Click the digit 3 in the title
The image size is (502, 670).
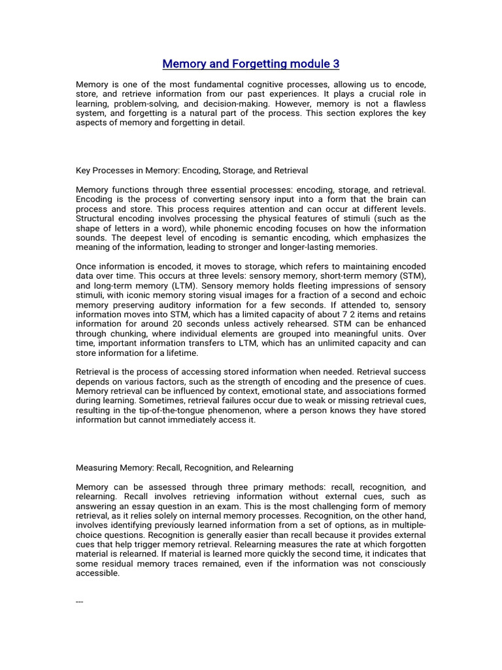coord(336,64)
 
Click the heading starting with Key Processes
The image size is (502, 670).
coord(192,170)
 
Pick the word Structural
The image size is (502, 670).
coord(96,219)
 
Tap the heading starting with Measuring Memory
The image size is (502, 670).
coord(185,468)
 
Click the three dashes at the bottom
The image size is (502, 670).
coord(80,601)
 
